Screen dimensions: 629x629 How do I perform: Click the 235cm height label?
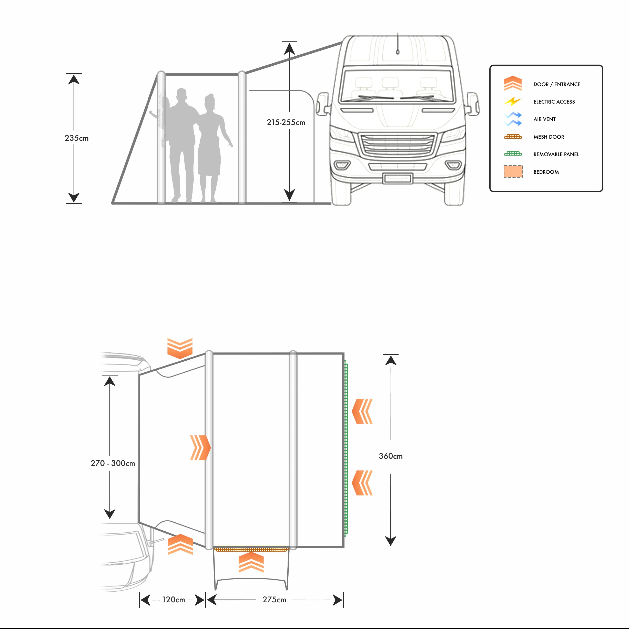[76, 138]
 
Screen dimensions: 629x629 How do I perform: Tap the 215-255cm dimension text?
[286, 123]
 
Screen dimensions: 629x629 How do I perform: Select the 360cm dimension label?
[390, 456]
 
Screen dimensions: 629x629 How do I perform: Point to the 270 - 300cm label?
[113, 463]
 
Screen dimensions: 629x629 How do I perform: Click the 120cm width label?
[174, 600]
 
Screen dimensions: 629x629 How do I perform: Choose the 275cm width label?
[274, 600]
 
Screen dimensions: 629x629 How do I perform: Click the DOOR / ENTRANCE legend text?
[556, 84]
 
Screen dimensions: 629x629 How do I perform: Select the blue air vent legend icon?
[513, 119]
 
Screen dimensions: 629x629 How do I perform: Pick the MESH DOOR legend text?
[549, 137]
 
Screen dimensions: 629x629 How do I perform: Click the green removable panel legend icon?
[513, 154]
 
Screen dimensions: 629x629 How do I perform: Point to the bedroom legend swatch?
[513, 171]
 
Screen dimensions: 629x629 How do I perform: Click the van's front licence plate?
[397, 178]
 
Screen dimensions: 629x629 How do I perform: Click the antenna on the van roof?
[398, 44]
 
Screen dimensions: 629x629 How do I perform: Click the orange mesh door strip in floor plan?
[251, 549]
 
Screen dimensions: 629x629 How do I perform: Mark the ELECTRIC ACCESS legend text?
[554, 102]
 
